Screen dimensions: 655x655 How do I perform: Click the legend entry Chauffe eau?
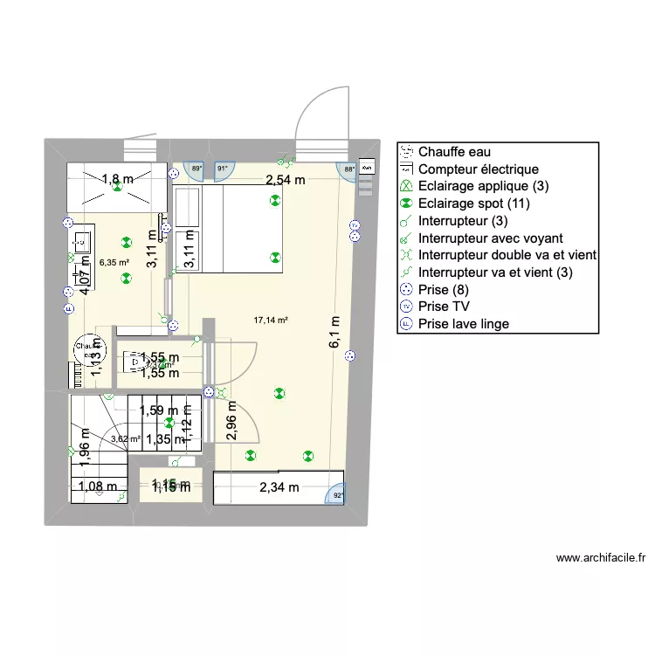click(x=447, y=152)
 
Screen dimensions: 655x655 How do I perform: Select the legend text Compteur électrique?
click(x=479, y=169)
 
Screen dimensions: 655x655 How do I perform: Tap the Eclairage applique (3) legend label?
click(x=484, y=186)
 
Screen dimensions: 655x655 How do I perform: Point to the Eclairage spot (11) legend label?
click(x=474, y=203)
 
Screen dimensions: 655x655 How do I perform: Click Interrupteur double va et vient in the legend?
click(x=507, y=255)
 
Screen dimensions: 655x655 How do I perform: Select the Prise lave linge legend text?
click(x=463, y=324)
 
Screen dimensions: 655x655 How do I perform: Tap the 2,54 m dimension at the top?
click(x=286, y=181)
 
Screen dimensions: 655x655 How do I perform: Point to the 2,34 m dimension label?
click(x=279, y=488)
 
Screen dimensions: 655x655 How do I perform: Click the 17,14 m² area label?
click(x=271, y=321)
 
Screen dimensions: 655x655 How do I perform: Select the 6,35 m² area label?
click(x=114, y=261)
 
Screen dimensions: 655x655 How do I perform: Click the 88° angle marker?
click(x=348, y=169)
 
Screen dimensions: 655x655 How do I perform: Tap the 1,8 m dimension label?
click(x=118, y=180)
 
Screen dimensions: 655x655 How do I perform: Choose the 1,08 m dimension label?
click(x=98, y=488)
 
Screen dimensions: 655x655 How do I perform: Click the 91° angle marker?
click(x=222, y=169)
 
